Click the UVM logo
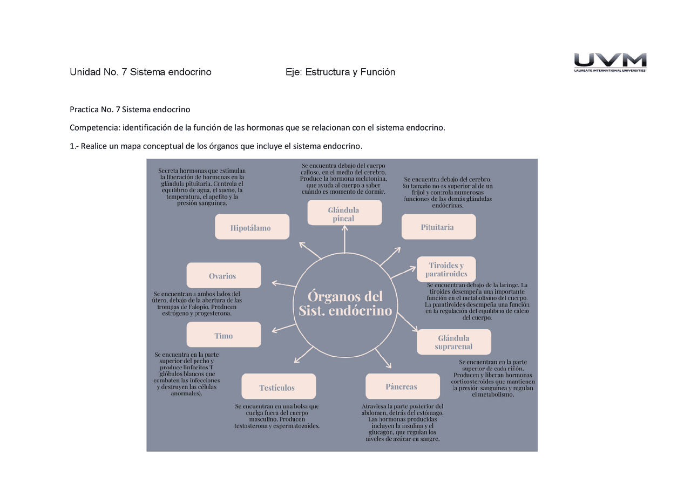610,61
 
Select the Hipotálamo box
252,227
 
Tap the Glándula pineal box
344,213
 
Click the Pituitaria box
438,227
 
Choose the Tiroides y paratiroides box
446,269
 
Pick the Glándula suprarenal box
453,342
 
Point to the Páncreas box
402,386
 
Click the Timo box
223,335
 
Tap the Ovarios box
223,275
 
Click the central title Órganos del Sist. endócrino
345,303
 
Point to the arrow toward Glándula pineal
344,240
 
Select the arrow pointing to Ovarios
283,284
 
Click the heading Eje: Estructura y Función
340,72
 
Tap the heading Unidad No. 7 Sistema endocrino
140,72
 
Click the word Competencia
94,128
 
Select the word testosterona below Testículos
254,426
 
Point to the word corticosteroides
475,382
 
